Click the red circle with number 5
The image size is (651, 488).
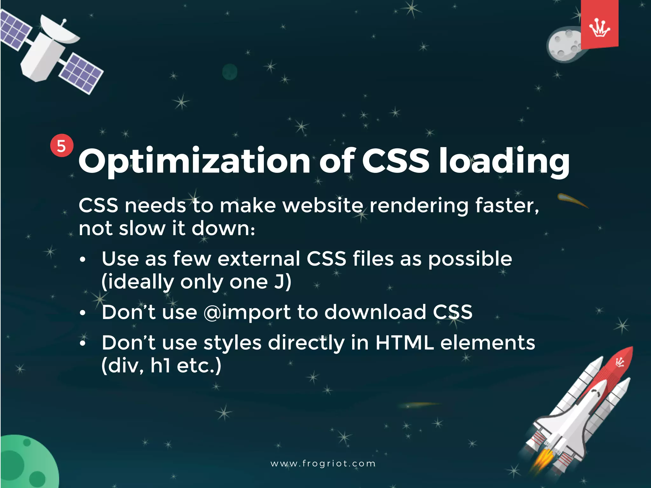tap(62, 146)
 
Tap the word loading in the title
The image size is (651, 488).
tap(504, 161)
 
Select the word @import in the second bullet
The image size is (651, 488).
tap(247, 312)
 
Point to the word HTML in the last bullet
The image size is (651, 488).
tap(404, 343)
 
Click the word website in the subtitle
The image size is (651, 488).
tap(323, 206)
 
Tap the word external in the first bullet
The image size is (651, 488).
tap(259, 259)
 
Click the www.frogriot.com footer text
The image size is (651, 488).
tap(323, 464)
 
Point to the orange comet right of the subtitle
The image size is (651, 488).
tap(572, 200)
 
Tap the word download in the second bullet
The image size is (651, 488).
tap(375, 312)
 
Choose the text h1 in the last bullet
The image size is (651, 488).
tap(161, 366)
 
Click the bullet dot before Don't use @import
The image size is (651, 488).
tap(83, 313)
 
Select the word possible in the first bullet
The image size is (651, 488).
tap(470, 259)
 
